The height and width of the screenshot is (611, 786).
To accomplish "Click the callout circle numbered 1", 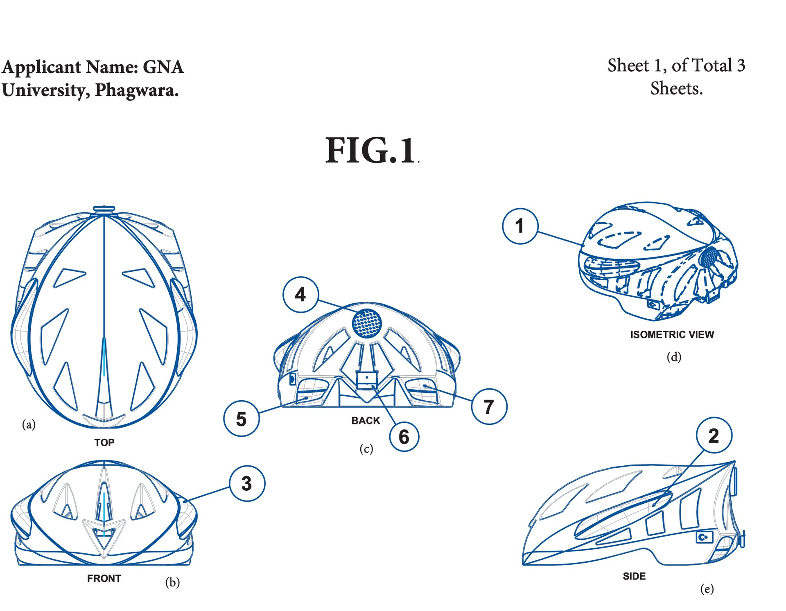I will click(x=519, y=226).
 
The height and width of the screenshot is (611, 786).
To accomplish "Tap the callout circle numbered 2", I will click(x=714, y=435).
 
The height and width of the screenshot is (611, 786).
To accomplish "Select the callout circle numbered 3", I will click(x=247, y=483).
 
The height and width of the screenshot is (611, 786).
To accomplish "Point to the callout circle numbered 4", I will click(x=300, y=294).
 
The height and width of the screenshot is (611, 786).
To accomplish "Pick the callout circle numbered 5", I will click(x=241, y=419).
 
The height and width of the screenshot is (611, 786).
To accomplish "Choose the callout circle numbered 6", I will click(x=404, y=437).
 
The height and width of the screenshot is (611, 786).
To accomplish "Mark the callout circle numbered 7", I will click(x=489, y=406).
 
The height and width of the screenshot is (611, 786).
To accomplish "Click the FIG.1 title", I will click(x=371, y=151).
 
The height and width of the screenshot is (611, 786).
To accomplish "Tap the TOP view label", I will click(x=104, y=442).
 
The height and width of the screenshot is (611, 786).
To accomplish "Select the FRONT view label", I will click(x=104, y=578).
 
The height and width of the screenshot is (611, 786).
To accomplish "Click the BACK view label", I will click(x=366, y=421).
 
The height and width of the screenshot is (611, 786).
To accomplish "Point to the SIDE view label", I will click(x=634, y=576).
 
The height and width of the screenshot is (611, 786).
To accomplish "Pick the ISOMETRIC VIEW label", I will click(x=672, y=335).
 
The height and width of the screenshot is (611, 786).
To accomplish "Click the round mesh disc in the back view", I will click(x=367, y=323).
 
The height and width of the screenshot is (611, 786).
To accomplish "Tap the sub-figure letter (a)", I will click(x=29, y=424).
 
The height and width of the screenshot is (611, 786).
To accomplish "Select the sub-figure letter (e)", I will click(x=707, y=589).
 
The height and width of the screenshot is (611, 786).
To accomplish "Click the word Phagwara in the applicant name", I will click(x=137, y=90).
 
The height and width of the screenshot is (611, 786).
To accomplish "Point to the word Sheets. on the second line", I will click(x=676, y=88).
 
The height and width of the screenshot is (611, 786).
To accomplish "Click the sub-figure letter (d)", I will click(x=674, y=357).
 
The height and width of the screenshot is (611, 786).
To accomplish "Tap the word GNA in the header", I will click(x=163, y=67).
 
